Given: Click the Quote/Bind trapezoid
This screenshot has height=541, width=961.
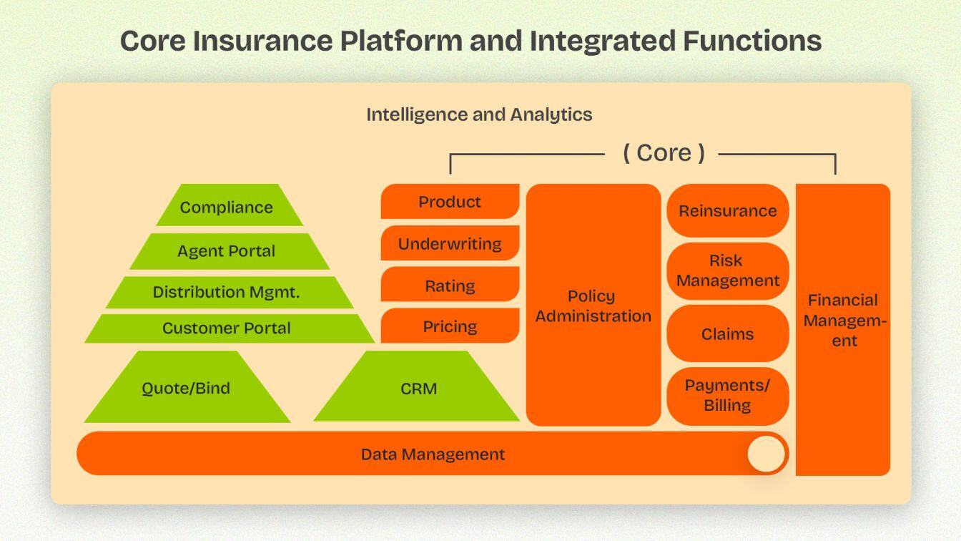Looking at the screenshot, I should click(186, 389).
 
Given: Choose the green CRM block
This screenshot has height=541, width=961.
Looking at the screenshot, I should click(418, 389).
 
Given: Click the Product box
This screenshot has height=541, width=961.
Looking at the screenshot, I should click(450, 202).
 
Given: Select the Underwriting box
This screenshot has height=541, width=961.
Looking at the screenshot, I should click(450, 243).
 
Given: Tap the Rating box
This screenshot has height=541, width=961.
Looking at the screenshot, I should click(450, 286).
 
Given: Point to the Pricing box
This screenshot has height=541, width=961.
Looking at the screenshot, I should click(450, 326).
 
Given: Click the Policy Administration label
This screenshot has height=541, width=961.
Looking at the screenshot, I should click(593, 306).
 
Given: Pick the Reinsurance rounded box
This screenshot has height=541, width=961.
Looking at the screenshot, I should click(727, 210).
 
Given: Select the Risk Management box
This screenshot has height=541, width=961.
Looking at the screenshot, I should click(727, 270).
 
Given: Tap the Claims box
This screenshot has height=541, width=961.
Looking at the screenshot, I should click(727, 333).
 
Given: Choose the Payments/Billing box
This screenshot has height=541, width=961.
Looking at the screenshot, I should click(727, 395).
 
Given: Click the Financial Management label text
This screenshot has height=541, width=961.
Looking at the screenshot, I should click(844, 320).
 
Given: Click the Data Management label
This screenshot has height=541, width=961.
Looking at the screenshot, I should click(433, 454).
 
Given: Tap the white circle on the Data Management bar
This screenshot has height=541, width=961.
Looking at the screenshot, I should click(766, 454).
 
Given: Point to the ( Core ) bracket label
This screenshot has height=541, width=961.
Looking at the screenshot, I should click(664, 152).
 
